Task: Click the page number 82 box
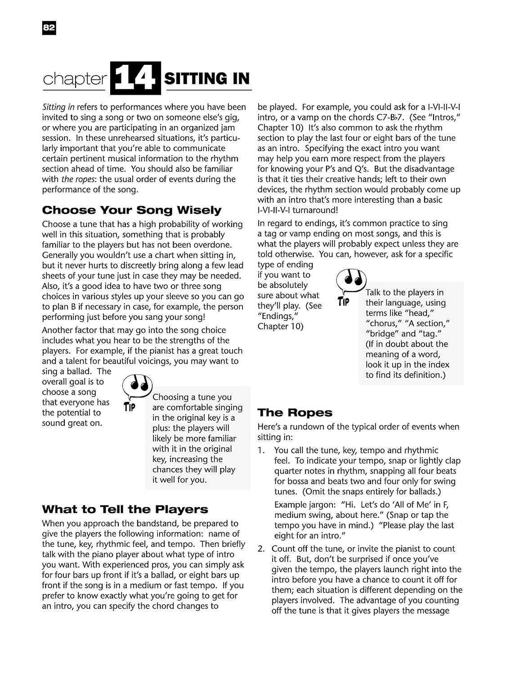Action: tap(49, 28)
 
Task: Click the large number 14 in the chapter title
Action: tap(135, 78)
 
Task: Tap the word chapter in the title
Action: tap(75, 79)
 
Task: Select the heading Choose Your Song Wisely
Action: tap(132, 210)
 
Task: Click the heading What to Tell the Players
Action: tap(125, 509)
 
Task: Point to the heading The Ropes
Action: tap(295, 413)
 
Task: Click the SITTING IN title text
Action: tap(207, 79)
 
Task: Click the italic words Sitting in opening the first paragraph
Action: tap(58, 107)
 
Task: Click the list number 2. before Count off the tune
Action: tap(261, 549)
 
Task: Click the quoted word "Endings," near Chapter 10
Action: tap(278, 316)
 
